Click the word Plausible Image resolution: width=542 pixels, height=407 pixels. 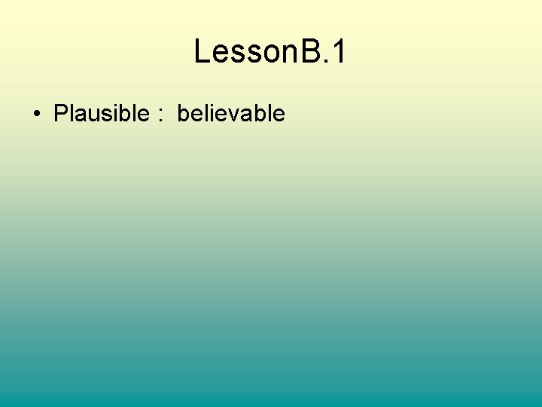click(x=102, y=114)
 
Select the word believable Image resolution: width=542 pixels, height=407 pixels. click(x=231, y=114)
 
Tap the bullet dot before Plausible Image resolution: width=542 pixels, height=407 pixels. click(x=36, y=115)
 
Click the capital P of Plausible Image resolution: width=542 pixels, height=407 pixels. click(x=61, y=114)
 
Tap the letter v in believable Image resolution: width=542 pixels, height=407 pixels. click(x=233, y=116)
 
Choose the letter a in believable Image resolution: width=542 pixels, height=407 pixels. click(x=245, y=116)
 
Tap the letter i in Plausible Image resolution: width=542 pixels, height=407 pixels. click(x=114, y=114)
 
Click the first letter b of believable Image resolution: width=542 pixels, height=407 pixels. click(x=184, y=114)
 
